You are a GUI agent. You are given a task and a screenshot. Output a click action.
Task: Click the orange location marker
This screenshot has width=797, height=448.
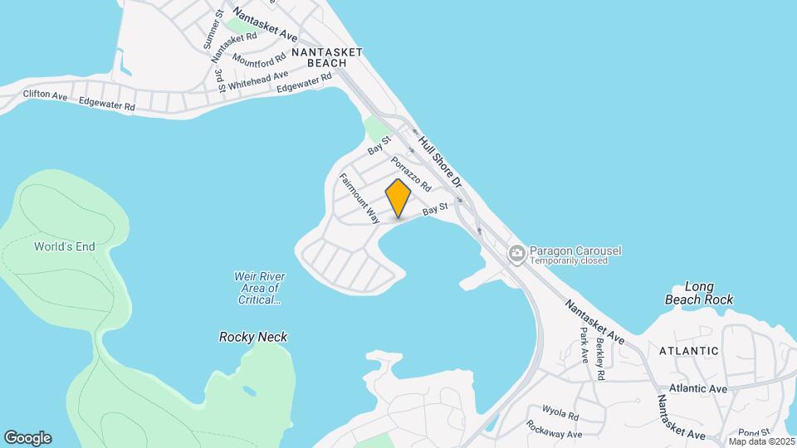coord(398,198)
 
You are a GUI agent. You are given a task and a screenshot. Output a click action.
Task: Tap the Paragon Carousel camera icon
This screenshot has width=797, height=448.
coord(516,252)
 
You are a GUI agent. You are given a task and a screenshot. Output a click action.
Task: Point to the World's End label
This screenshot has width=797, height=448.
coord(65,246)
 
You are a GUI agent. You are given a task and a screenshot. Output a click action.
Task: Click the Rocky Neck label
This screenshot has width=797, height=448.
coord(253,337)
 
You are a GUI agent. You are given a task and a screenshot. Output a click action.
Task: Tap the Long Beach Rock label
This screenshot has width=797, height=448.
coord(699,293)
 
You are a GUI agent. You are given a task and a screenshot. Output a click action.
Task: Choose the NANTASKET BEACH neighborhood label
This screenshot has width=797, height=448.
coord(327,57)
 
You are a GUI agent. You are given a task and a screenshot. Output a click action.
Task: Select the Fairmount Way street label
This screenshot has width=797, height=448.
coord(359,198)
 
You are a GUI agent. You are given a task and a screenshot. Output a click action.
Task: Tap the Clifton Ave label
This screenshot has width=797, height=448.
coord(45,96)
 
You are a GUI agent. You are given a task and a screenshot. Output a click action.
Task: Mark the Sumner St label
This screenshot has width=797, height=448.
coord(213,29)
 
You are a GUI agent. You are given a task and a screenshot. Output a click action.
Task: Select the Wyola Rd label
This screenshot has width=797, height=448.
coord(560,411)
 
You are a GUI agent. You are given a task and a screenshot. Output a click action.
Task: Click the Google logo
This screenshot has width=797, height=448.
coord(27,437)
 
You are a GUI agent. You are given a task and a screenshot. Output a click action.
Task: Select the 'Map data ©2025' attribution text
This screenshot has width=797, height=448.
coord(760,441)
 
